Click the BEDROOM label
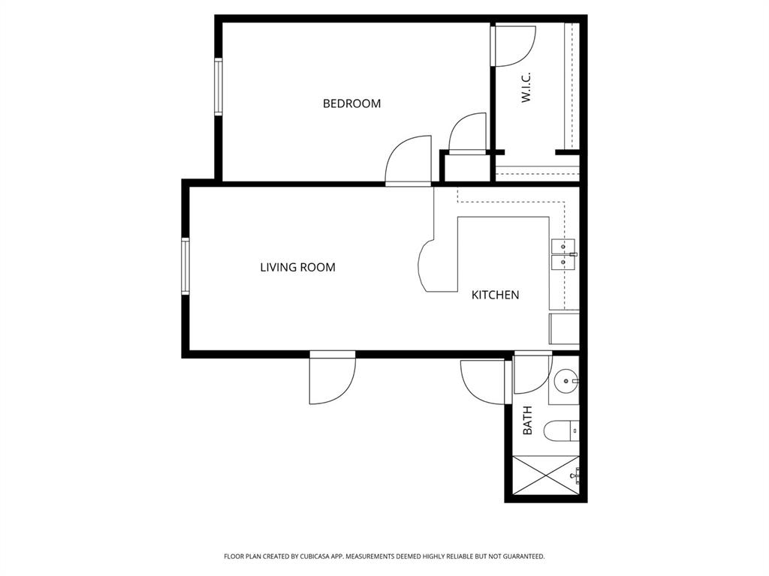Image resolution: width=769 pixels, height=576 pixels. [x=351, y=103]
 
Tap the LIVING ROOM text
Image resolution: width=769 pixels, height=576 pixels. [x=297, y=267]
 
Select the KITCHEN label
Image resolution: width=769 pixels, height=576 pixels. [x=495, y=295]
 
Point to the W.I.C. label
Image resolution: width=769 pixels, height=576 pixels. [x=526, y=87]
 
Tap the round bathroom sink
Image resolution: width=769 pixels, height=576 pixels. [x=565, y=382]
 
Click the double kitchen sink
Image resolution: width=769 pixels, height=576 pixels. [x=563, y=254]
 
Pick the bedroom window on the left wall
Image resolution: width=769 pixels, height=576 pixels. [x=219, y=86]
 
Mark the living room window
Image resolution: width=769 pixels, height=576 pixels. [x=185, y=266]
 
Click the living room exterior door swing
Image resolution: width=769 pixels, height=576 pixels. [x=331, y=379]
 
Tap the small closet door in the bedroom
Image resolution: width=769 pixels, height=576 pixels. [x=468, y=133]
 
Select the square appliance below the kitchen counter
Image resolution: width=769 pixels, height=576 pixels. [x=564, y=328]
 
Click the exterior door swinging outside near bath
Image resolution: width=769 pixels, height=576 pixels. [x=483, y=380]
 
